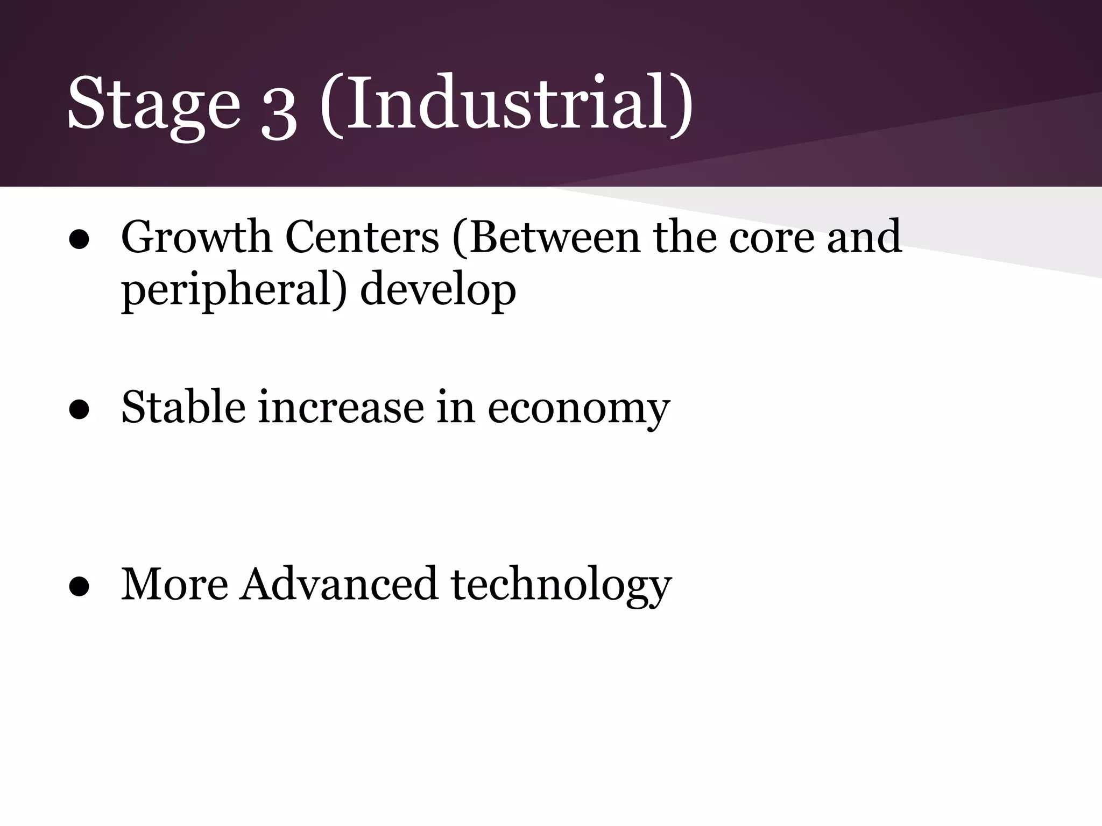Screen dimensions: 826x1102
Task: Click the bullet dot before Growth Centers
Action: (79, 240)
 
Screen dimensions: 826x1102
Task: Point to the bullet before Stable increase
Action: (79, 409)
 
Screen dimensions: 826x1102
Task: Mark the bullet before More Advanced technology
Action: (79, 587)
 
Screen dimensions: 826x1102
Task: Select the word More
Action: (174, 585)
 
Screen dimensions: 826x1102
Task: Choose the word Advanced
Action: (338, 585)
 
